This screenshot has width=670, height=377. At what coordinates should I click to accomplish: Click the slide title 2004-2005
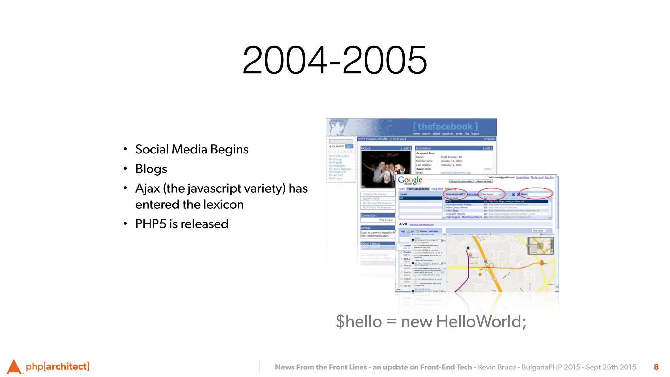335,60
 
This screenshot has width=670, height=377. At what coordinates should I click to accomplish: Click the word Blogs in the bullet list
151,169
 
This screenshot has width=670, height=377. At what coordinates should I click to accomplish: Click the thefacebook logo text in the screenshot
445,126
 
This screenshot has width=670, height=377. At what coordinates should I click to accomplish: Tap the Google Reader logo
410,180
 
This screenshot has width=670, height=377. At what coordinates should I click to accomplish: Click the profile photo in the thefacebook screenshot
385,169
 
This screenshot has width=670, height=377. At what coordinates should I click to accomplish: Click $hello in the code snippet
359,321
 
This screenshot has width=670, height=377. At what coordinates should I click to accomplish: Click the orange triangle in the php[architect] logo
14,367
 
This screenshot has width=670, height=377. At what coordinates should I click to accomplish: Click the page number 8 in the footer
656,367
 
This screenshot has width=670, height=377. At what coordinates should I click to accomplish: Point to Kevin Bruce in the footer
497,367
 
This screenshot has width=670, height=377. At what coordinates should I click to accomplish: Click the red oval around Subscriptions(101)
455,194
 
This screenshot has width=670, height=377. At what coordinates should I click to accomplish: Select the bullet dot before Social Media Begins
125,149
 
